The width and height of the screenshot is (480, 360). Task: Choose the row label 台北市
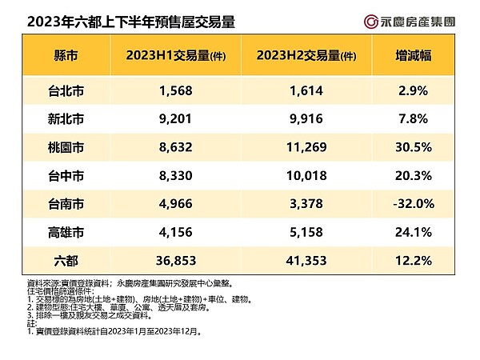pos(66,91)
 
